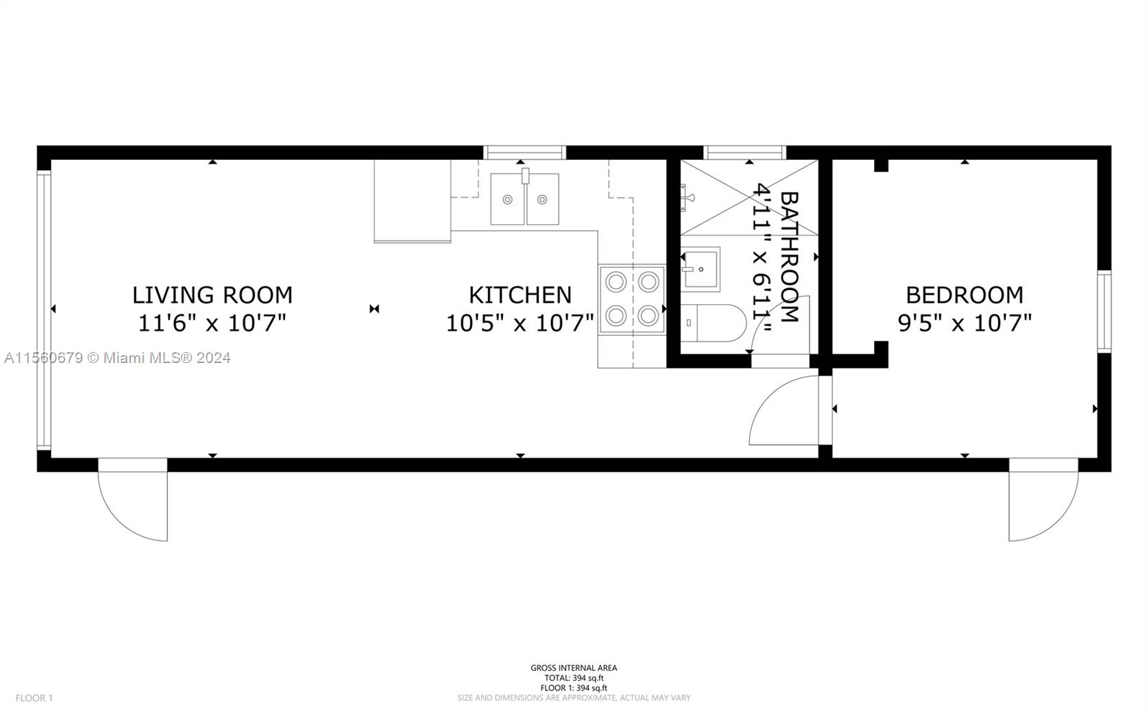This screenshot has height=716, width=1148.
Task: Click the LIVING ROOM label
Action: coord(212,295)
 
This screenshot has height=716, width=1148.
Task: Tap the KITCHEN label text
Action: coord(520,295)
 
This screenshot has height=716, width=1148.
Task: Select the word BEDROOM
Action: coord(964,295)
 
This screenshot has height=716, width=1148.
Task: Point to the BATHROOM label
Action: coord(790,257)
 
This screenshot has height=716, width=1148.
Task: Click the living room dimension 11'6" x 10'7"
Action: coord(212,323)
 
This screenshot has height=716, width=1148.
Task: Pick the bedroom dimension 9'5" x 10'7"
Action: coord(964,323)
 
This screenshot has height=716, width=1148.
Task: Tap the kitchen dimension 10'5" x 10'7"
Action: coord(520,323)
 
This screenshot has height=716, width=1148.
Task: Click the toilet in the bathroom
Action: coord(713,324)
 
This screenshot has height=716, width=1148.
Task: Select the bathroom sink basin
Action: coord(700,269)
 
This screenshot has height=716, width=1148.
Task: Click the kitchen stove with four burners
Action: coord(632,299)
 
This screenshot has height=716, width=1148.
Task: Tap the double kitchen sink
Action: coord(524,199)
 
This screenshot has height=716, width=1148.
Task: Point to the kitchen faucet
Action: coord(525,176)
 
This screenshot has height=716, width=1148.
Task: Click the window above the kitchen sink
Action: coord(524,153)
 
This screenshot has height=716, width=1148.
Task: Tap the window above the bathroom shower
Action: coord(745,153)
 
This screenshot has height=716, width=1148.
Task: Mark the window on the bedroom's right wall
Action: coord(1104,311)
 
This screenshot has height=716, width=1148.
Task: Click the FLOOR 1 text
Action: coord(34,698)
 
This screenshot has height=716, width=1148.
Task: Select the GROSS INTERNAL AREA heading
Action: coord(573,668)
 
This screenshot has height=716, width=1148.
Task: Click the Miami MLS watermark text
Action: coord(118,358)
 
